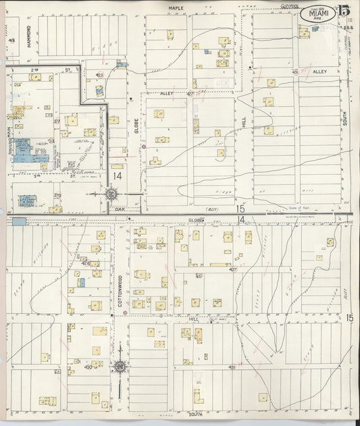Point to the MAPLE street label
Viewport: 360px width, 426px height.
click(176, 8)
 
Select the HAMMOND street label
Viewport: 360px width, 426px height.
click(30, 35)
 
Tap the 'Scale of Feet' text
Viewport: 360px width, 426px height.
click(297, 208)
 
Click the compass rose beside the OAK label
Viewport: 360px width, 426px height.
click(111, 195)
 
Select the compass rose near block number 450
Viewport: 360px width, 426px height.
click(120, 367)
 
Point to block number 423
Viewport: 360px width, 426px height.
click(99, 75)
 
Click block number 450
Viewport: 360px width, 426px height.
click(88, 367)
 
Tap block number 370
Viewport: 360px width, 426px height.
click(57, 196)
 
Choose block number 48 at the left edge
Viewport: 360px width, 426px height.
click(11, 41)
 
